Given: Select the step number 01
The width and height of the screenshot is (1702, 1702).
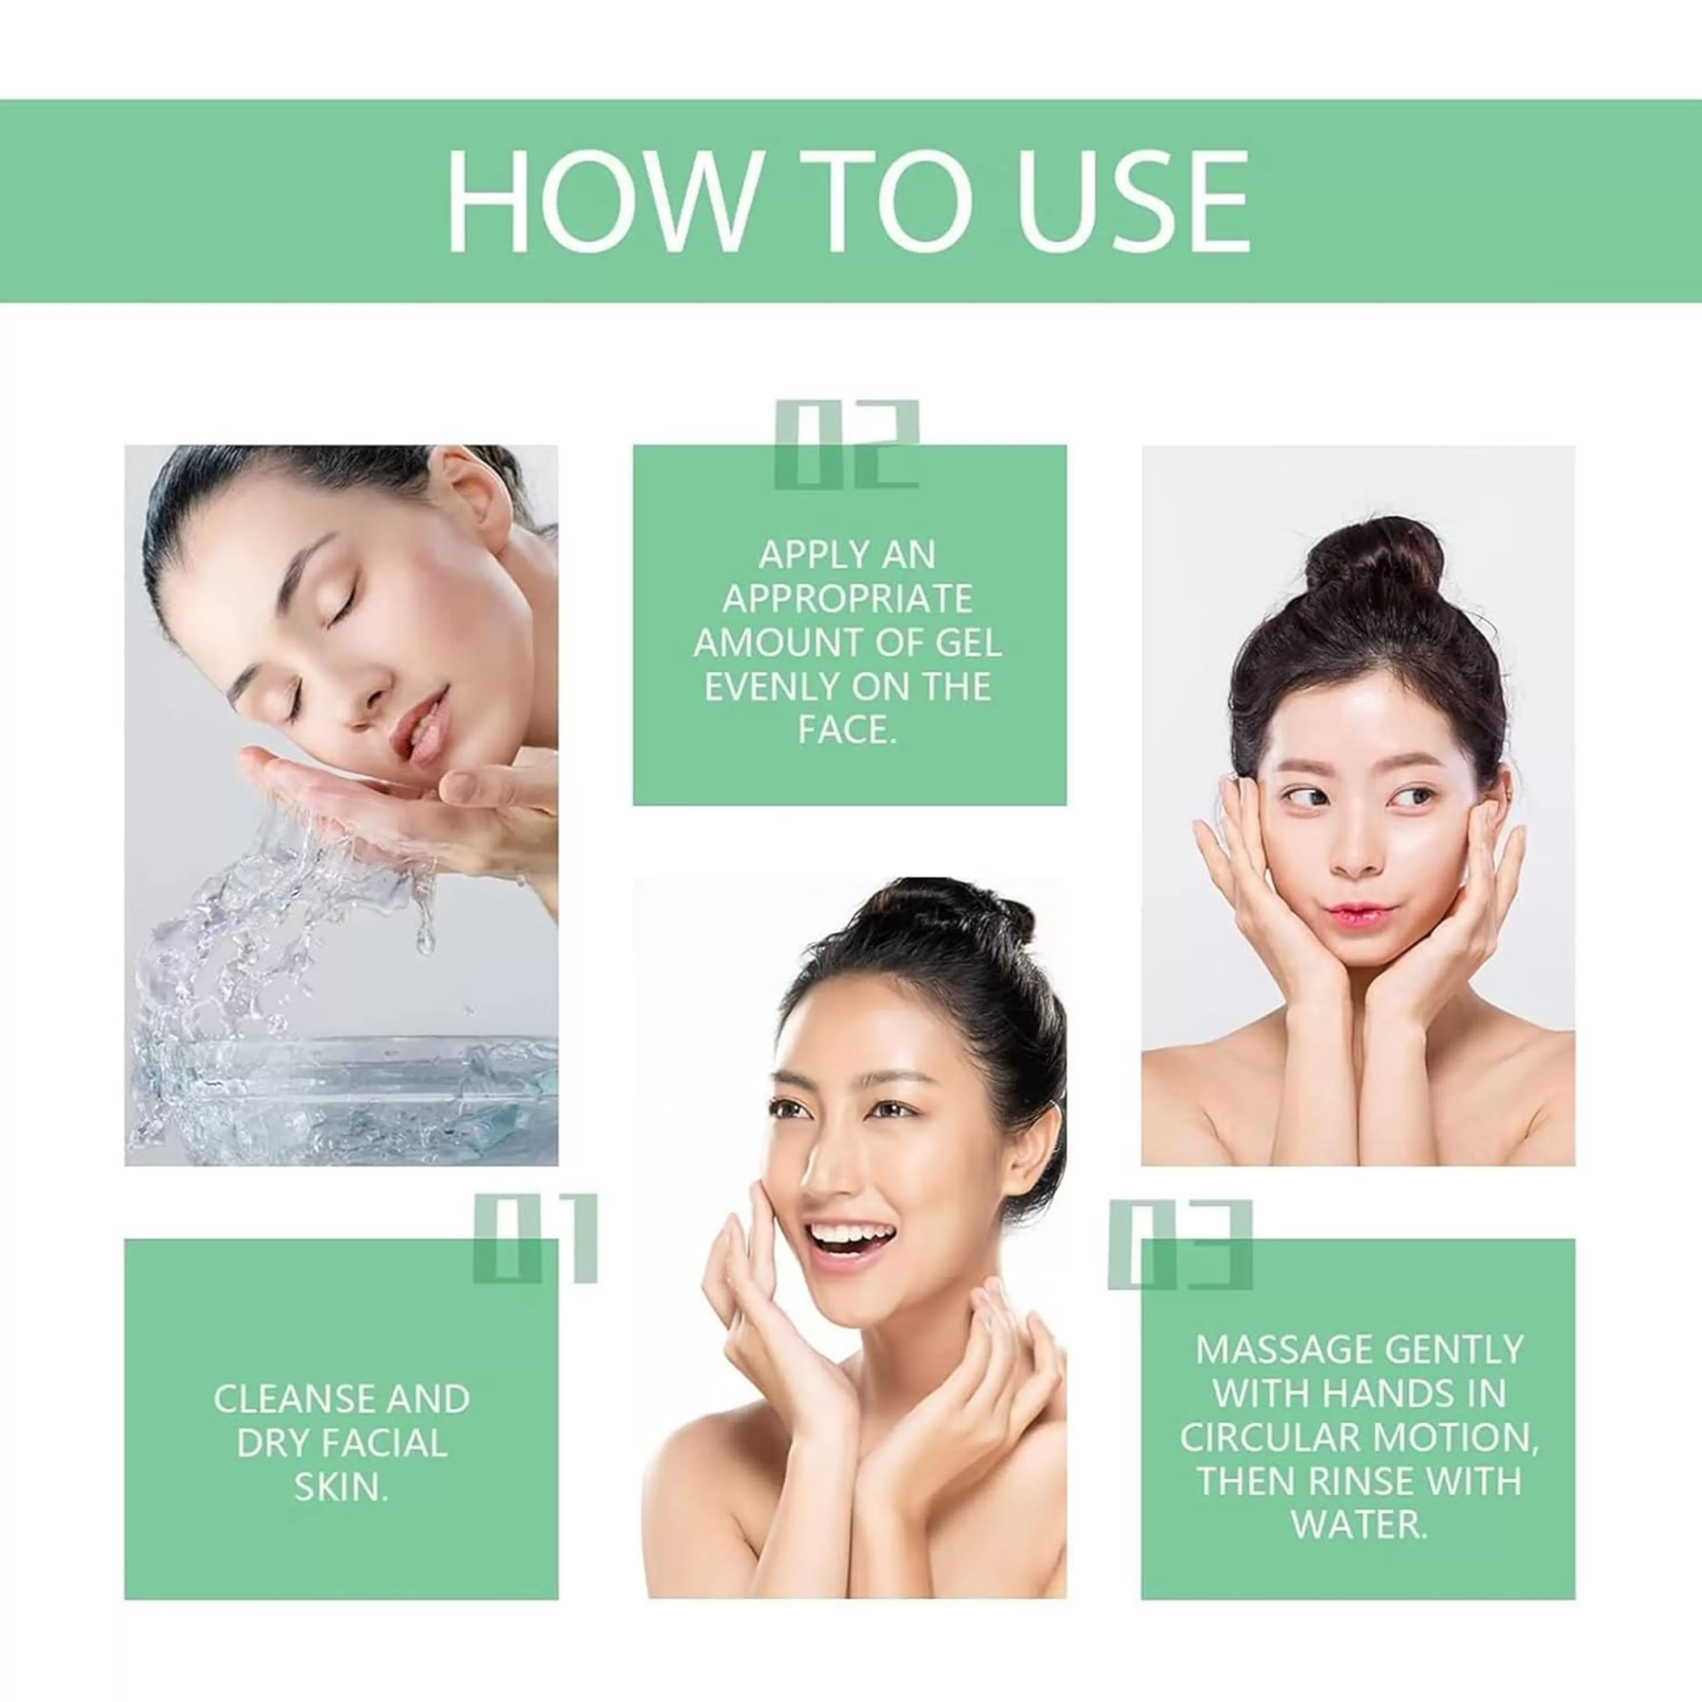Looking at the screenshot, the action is (535, 1238).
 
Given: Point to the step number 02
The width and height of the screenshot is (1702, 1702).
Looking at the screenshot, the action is (846, 445).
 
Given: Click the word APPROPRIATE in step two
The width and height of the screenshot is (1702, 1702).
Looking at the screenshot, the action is (848, 599).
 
